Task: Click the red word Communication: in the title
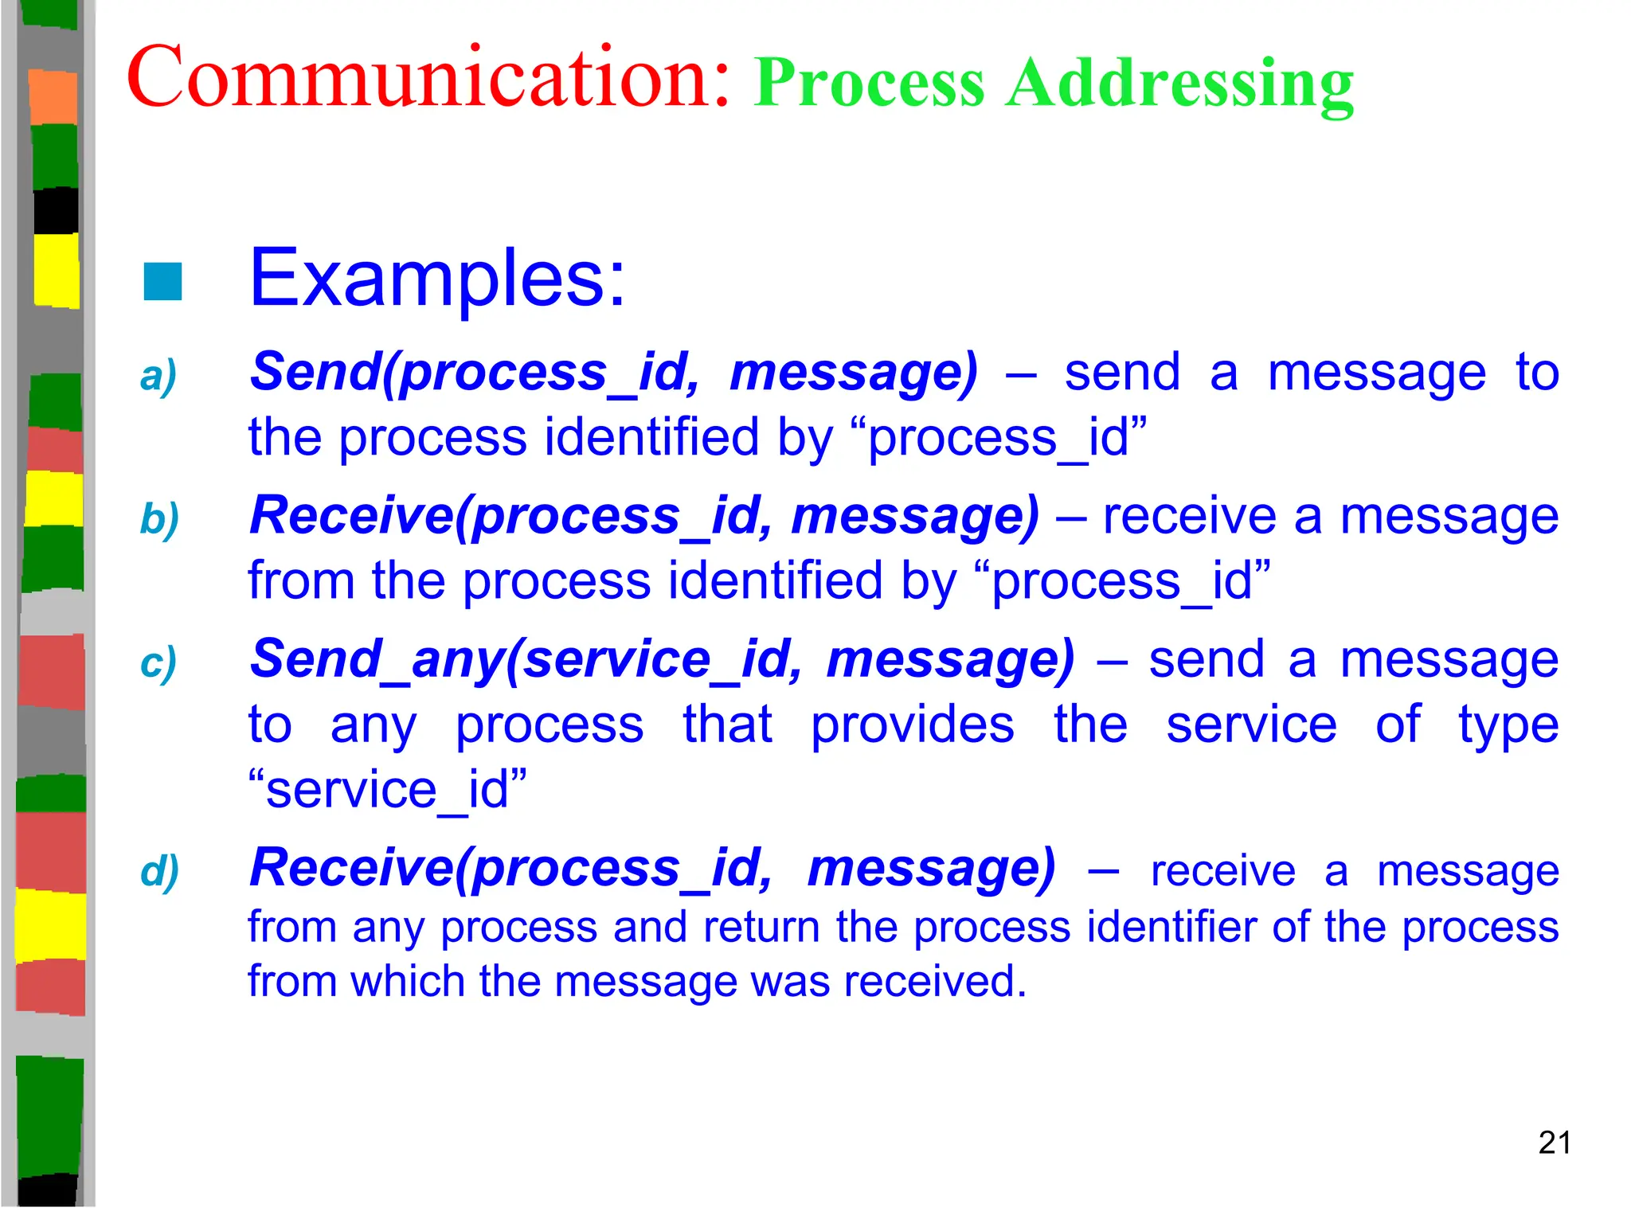[428, 78]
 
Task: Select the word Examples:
[437, 278]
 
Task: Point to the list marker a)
[158, 376]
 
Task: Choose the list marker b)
[158, 520]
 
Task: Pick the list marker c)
[158, 663]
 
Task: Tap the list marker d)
[159, 871]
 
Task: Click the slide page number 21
[1554, 1143]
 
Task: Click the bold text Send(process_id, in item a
[475, 373]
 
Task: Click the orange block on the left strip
[53, 97]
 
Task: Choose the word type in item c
[1508, 726]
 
